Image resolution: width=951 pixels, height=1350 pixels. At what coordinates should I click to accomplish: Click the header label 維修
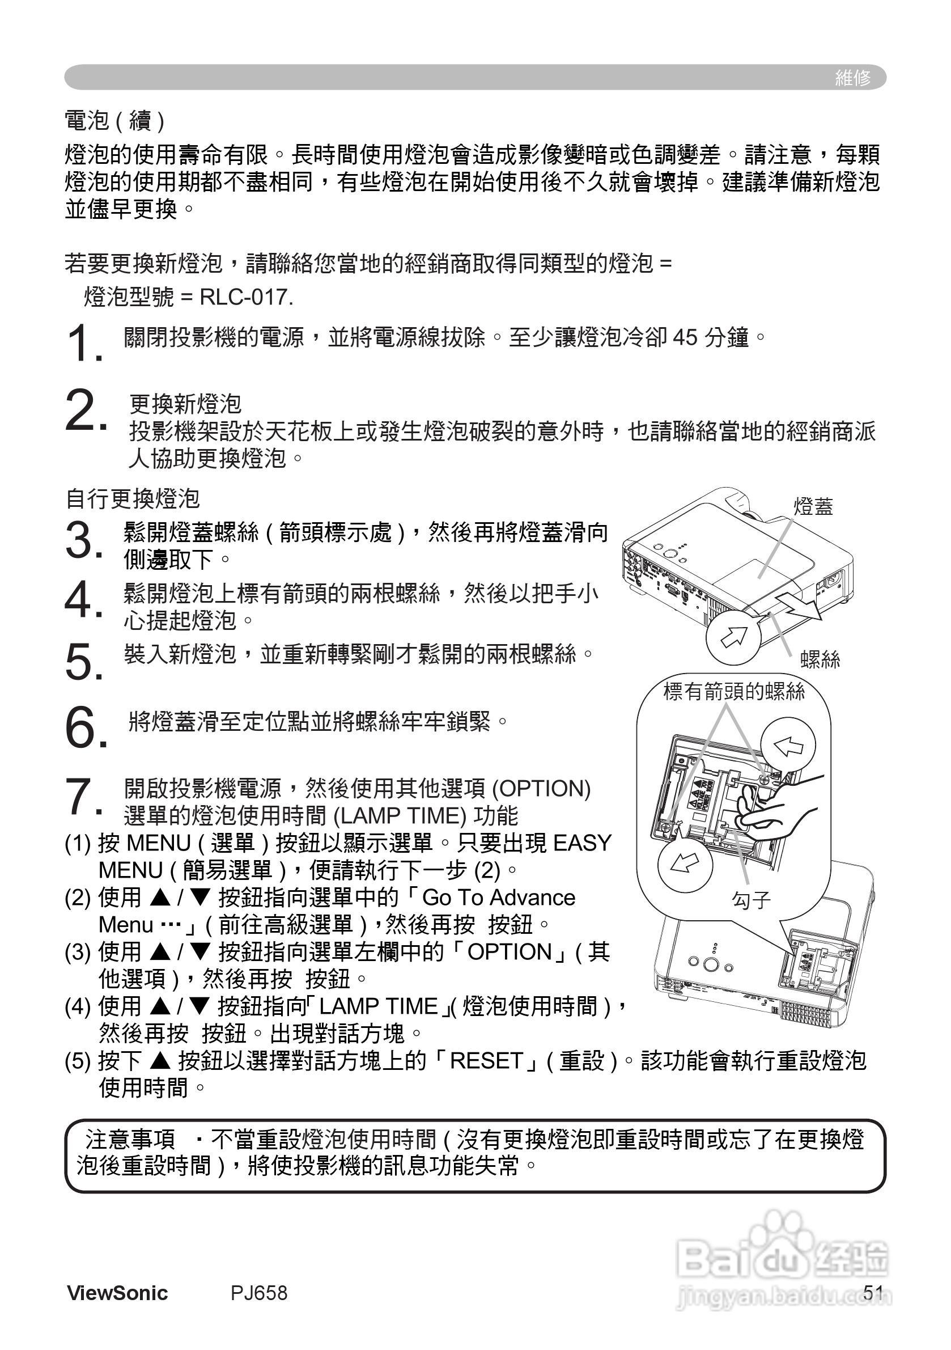852,78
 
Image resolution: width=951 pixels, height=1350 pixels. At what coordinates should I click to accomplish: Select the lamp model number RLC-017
246,298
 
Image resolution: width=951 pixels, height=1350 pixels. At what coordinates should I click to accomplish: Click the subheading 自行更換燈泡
133,498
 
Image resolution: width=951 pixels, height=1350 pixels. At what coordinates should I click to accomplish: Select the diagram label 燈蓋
813,506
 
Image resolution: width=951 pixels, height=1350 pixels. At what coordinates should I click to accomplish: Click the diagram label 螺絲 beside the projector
820,660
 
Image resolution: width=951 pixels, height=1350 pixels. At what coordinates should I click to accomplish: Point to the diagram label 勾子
750,900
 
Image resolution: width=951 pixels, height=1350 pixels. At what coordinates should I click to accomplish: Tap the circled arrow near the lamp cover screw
733,636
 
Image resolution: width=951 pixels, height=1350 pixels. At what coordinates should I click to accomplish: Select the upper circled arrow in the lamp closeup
788,746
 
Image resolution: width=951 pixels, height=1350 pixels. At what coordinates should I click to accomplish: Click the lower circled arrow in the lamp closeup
685,864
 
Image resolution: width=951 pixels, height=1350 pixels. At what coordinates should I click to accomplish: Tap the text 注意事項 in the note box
130,1140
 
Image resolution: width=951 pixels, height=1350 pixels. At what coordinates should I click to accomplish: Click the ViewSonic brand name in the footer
117,1293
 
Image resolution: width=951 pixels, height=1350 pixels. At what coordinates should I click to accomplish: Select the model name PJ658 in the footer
258,1293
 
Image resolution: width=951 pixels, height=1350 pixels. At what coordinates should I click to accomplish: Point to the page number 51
873,1292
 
